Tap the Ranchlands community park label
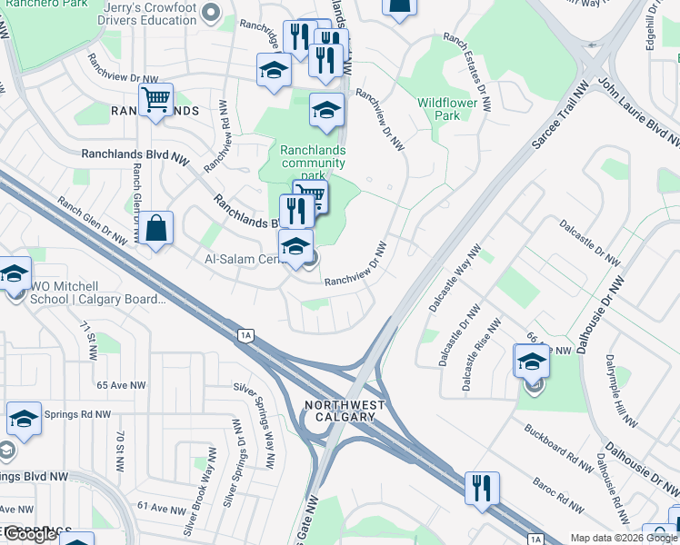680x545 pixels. [313, 163]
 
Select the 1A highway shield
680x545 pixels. [245, 336]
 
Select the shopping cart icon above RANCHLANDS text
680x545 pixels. [156, 100]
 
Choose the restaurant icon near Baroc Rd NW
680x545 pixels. [482, 487]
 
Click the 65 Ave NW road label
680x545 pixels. [122, 385]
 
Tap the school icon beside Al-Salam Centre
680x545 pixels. [295, 247]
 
